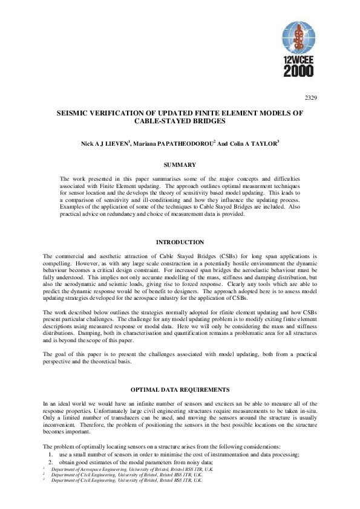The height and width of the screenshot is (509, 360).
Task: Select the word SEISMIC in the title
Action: coord(89,113)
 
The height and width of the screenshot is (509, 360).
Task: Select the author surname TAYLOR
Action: coord(263,144)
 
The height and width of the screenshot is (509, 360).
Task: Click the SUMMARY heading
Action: coord(180,164)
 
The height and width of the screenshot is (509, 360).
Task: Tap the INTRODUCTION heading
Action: coord(180,242)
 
